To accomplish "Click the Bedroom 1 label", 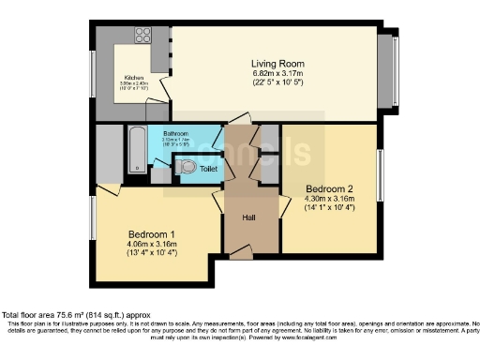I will [x=151, y=233].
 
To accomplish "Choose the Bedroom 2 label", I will [x=329, y=188].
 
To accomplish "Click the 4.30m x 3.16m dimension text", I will [x=329, y=199].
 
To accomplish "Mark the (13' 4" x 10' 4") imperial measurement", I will [x=151, y=254].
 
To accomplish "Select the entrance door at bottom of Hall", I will [x=242, y=254].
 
